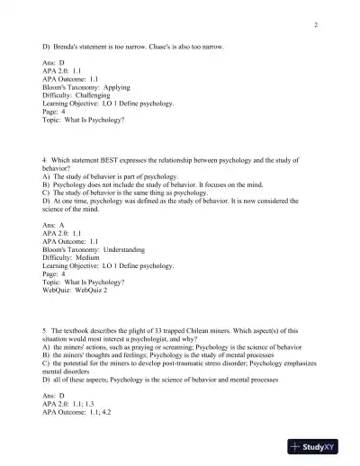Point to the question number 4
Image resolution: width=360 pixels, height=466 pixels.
point(44,159)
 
